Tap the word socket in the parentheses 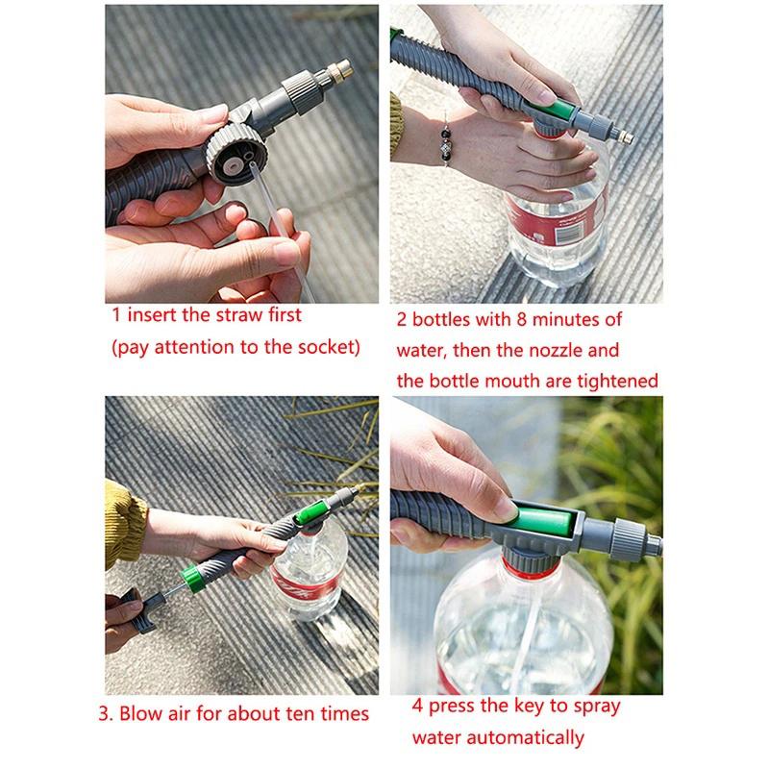click(321, 347)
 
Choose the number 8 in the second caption click(518, 319)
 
